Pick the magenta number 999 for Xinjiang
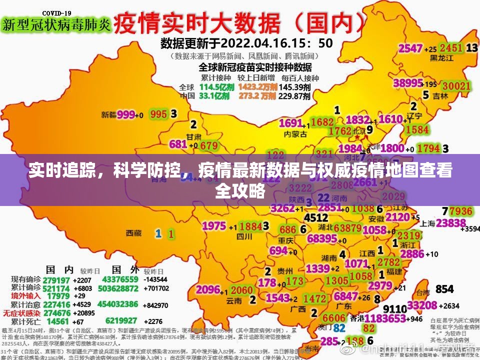[x=126, y=114]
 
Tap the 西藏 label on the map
[x=133, y=233]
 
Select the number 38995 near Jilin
[x=408, y=83]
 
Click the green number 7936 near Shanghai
[x=460, y=211]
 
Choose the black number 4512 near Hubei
[x=316, y=218]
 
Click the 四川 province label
[x=244, y=236]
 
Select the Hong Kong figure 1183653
[x=385, y=318]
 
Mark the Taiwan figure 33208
[x=422, y=305]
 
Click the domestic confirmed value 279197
[x=56, y=279]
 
